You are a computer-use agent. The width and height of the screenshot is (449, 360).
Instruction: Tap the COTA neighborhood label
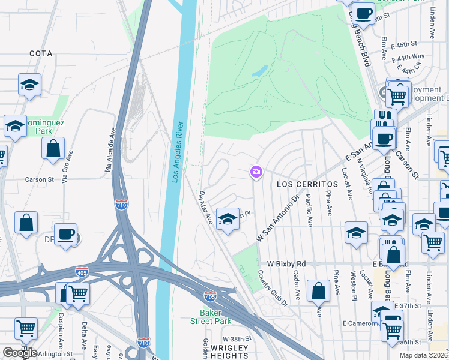[41, 53]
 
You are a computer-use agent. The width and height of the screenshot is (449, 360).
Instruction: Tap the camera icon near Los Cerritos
[256, 173]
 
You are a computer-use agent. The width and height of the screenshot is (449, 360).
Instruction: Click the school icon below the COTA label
[29, 86]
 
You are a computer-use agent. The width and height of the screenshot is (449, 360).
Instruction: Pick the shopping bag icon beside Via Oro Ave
[53, 148]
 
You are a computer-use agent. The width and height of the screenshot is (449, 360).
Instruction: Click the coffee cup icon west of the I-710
[65, 234]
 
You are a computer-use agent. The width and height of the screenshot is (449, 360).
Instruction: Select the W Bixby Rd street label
[286, 264]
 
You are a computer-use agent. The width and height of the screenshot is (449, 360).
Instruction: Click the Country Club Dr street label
[273, 287]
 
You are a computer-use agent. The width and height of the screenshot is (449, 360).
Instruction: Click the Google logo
[20, 353]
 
